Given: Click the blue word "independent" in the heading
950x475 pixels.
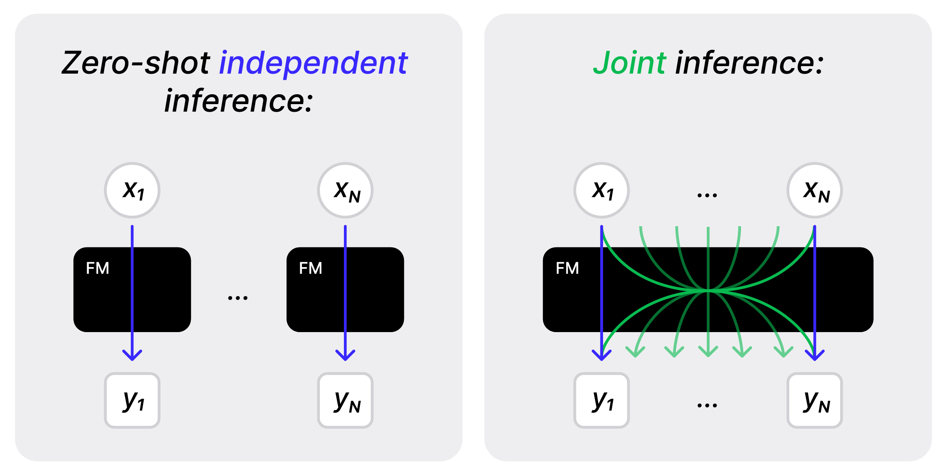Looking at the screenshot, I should click(x=313, y=63).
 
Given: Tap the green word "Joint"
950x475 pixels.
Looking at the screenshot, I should click(x=629, y=63).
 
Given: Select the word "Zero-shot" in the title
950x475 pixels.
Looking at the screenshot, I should click(x=136, y=63).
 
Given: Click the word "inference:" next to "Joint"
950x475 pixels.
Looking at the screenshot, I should click(x=749, y=63).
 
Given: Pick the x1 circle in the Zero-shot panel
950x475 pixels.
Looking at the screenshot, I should click(x=132, y=190).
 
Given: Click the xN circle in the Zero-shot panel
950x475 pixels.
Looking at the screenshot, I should click(x=345, y=190).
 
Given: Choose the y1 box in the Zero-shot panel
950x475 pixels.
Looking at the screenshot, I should click(x=132, y=400).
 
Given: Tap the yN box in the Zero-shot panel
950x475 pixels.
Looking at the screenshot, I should click(x=345, y=400).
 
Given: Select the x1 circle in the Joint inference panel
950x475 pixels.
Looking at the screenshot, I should click(x=602, y=190).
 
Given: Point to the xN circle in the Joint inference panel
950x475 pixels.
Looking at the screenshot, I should click(x=815, y=190).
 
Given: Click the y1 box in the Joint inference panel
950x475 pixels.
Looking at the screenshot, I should click(x=602, y=400).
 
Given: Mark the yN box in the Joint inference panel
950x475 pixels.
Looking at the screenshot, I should click(x=815, y=400).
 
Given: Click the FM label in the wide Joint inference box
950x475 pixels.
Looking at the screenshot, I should click(x=567, y=268).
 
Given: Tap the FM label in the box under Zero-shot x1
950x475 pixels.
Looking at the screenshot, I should click(x=98, y=268).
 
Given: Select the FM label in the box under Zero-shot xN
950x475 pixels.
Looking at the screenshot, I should click(x=310, y=268).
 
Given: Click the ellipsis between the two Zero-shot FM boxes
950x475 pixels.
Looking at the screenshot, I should click(x=238, y=298).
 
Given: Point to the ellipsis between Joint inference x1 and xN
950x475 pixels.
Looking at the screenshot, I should click(x=707, y=195).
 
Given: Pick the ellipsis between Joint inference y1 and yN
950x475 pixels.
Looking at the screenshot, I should click(x=707, y=405).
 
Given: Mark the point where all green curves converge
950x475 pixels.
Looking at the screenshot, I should click(x=708, y=291).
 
